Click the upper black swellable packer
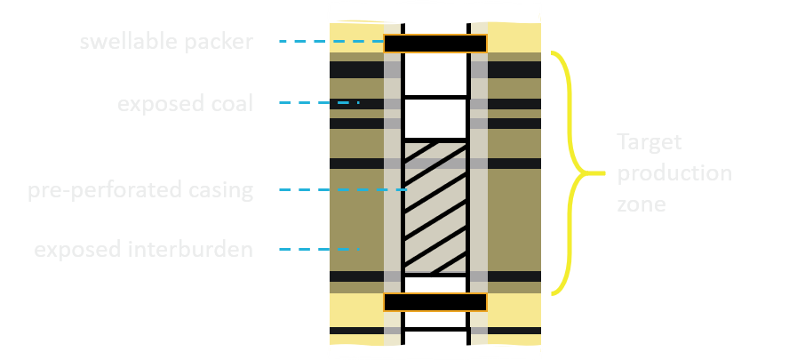pyautogui.click(x=435, y=43)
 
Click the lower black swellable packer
pyautogui.click(x=435, y=302)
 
